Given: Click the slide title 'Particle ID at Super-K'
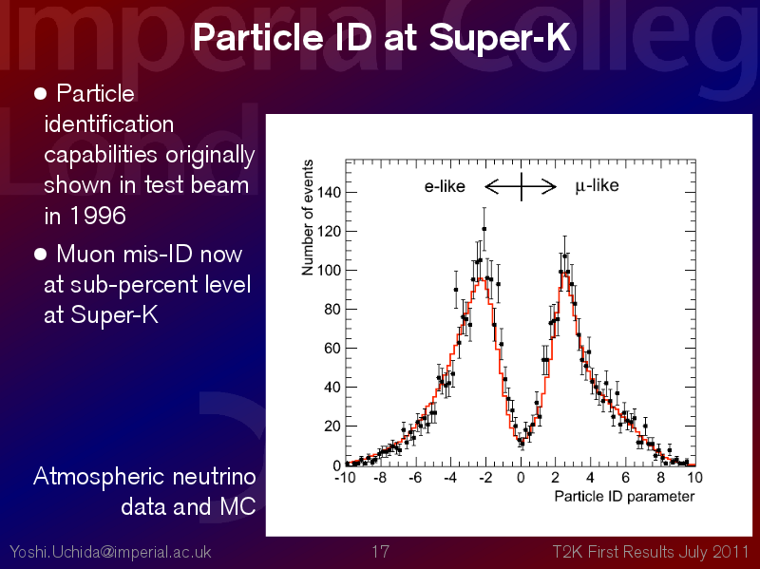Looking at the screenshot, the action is pos(382,37).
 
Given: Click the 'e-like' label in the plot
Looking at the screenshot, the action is pos(445,186).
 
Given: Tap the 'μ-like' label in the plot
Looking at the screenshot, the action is pos(597,186).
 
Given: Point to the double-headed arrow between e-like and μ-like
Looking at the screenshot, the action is pos(521,186).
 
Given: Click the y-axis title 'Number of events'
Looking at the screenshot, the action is pos(307,218).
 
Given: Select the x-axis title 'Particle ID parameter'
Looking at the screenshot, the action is pos(624,497).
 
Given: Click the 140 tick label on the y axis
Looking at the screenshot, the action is pos(329,193).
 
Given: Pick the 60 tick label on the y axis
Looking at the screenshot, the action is pos(332,349).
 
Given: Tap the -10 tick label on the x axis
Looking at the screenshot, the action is pos(345,478).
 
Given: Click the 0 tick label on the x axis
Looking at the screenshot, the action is pos(521,478).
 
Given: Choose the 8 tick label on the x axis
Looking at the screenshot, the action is pos(660,478).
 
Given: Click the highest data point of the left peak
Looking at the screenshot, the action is pos(484,229).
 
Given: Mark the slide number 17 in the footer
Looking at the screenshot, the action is pos(381,552).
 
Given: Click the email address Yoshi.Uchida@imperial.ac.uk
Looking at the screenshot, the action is pos(110,552).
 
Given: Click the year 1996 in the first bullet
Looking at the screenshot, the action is pos(99,216).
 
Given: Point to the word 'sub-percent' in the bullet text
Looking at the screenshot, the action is pos(133,286).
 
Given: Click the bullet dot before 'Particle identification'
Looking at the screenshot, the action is pos(41,93).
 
